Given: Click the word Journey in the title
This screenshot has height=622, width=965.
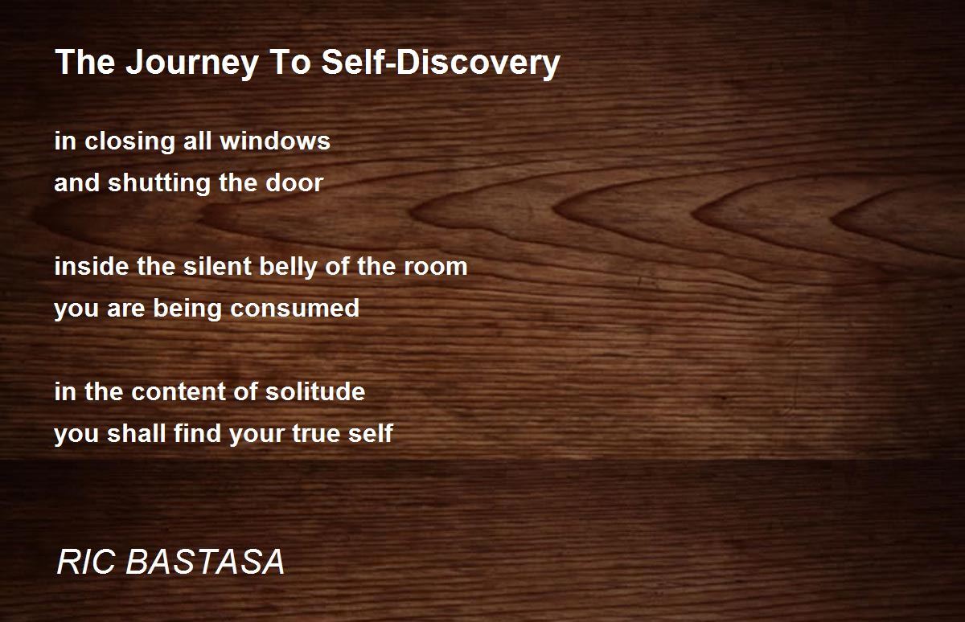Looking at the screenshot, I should point(186,63).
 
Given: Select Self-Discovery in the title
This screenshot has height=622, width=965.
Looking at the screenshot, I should point(441,63).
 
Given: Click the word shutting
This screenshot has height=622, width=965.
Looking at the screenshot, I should point(148,183).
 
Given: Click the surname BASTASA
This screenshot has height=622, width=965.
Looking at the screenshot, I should point(206,563).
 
